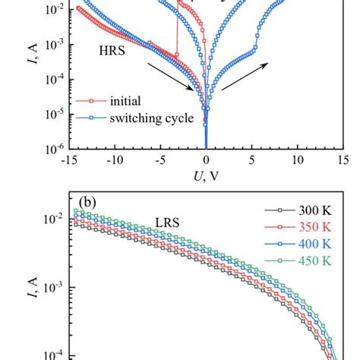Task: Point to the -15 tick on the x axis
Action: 68,160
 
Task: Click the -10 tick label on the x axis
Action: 114,160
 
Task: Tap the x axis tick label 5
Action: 252,160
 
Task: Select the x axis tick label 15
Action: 343,160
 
